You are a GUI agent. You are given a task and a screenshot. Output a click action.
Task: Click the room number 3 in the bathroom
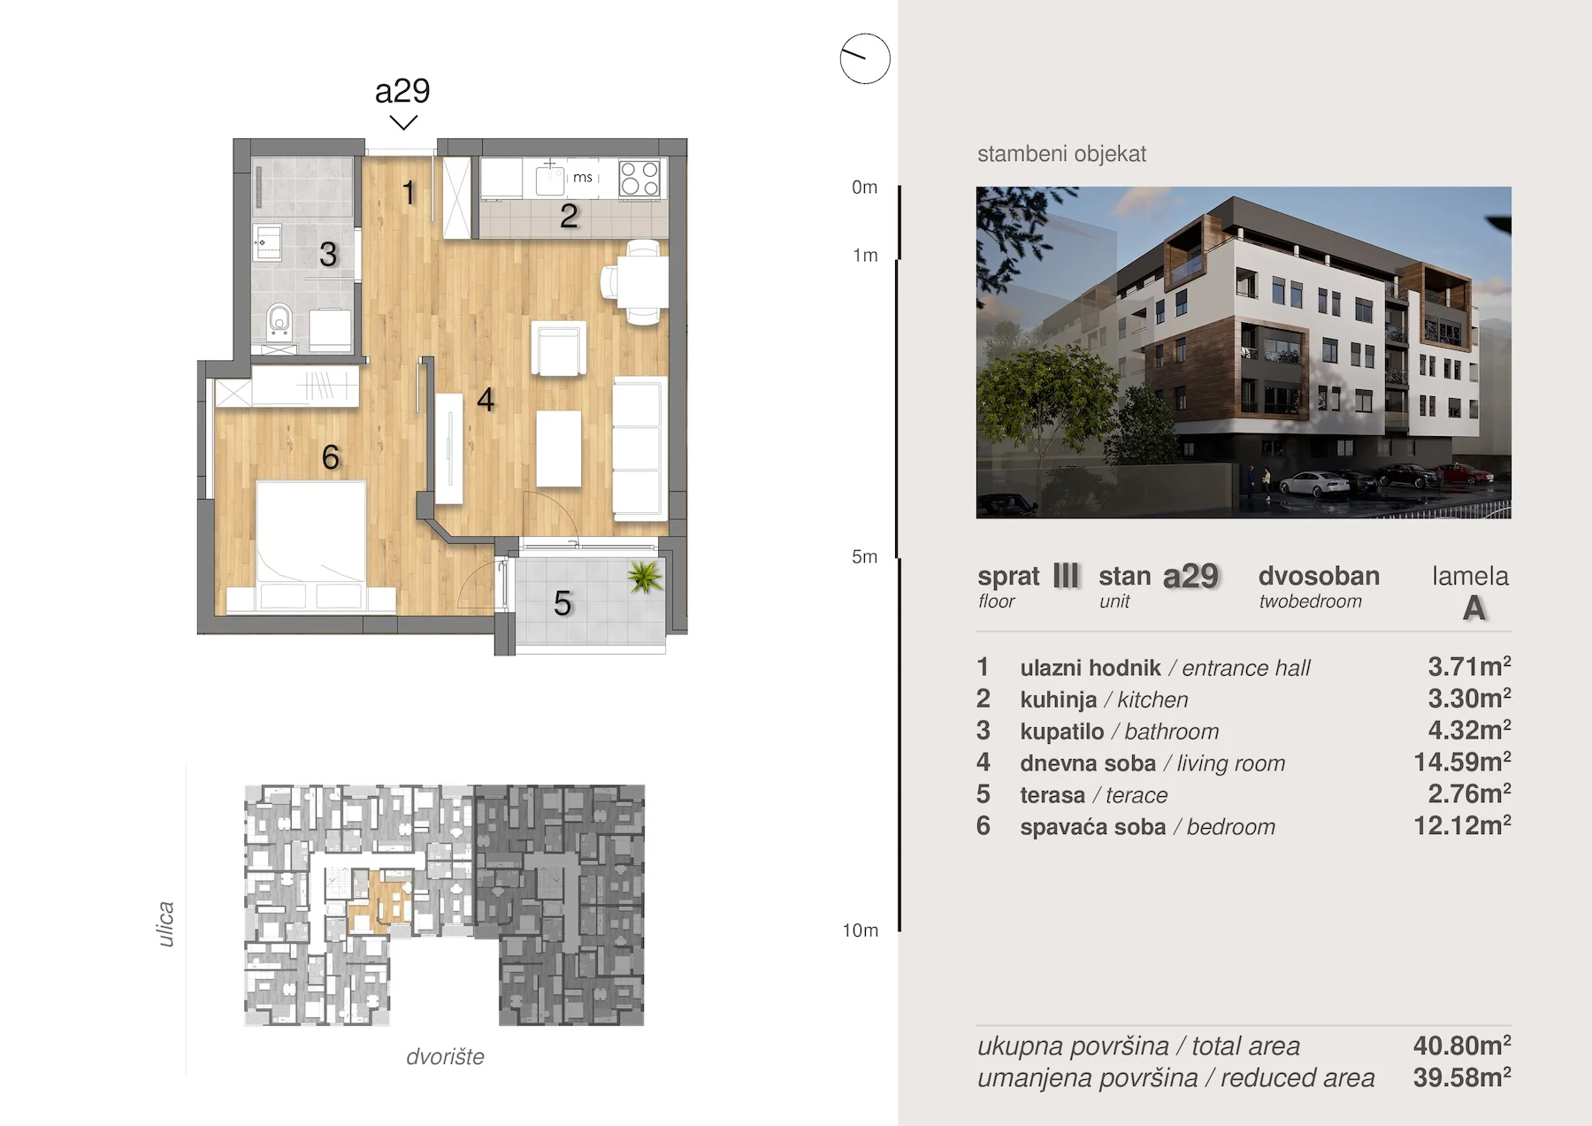pyautogui.click(x=328, y=255)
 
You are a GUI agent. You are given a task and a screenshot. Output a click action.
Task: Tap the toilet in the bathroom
pyautogui.click(x=279, y=323)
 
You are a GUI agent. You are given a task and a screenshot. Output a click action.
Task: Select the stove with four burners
pyautogui.click(x=639, y=178)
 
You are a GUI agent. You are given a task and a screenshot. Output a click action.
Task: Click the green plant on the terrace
pyautogui.click(x=645, y=578)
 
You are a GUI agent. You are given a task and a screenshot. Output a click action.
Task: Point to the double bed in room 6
pyautogui.click(x=310, y=546)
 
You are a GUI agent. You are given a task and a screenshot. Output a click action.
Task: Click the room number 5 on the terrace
pyautogui.click(x=563, y=603)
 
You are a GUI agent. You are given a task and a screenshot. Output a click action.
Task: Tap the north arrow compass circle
pyautogui.click(x=865, y=59)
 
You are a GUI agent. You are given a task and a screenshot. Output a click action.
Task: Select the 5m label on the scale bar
pyautogui.click(x=864, y=557)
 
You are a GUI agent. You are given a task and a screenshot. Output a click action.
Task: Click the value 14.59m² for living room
pyautogui.click(x=1462, y=761)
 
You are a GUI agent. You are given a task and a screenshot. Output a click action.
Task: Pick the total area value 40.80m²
pyautogui.click(x=1462, y=1045)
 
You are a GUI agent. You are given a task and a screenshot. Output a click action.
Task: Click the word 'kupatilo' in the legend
pyautogui.click(x=1061, y=732)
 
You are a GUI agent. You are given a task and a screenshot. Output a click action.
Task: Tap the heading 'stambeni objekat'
pyautogui.click(x=1061, y=154)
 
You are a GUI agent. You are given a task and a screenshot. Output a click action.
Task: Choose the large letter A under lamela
pyautogui.click(x=1473, y=609)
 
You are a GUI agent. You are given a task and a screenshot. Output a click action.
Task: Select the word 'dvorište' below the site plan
pyautogui.click(x=445, y=1056)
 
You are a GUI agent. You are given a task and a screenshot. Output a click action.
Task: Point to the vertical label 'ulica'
pyautogui.click(x=165, y=924)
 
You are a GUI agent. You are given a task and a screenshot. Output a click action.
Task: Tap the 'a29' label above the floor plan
pyautogui.click(x=402, y=90)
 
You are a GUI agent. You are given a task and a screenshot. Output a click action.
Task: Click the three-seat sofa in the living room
pyautogui.click(x=639, y=448)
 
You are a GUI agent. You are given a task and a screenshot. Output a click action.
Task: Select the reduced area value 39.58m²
pyautogui.click(x=1462, y=1076)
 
